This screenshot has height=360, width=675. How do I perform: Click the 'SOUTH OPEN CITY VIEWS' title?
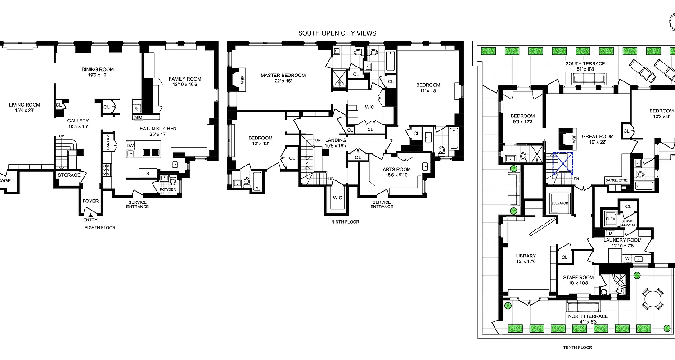coord(337,33)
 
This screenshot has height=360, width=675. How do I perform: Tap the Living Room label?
coord(24,105)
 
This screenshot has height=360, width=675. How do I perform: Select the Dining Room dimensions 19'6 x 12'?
coord(98,76)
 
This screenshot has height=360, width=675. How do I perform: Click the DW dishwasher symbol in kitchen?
coord(130,146)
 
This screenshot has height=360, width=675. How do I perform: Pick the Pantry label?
coord(108,143)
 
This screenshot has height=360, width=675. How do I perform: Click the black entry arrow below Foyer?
coord(90,215)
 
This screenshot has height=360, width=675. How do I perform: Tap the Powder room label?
coord(168,189)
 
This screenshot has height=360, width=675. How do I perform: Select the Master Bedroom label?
coord(283,76)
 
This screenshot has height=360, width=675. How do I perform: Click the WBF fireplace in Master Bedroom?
coord(243,80)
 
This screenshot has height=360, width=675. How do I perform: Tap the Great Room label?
coord(598,137)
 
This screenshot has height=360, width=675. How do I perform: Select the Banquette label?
coord(616,181)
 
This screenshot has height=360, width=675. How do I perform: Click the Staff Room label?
coord(578,278)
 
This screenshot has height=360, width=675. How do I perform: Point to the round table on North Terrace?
coord(652,298)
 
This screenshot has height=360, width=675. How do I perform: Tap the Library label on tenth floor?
coord(526,256)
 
